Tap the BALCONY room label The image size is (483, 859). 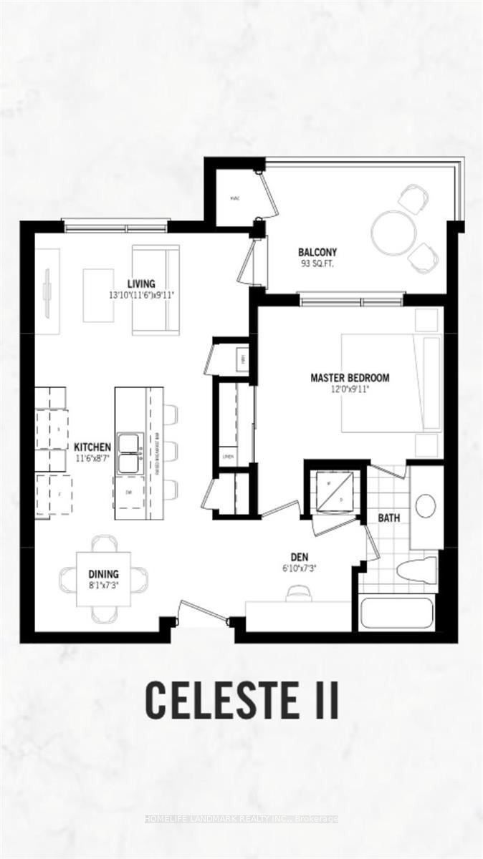click(317, 252)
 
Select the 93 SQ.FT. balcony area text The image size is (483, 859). click(317, 263)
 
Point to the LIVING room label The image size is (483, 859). click(142, 283)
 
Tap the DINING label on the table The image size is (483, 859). click(104, 573)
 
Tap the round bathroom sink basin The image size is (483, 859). click(426, 505)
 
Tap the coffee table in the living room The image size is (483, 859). click(98, 295)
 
